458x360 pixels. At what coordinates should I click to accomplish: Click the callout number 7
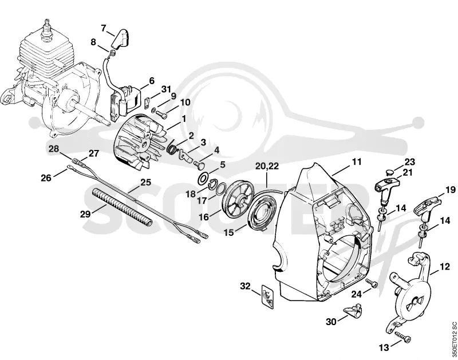click(104, 28)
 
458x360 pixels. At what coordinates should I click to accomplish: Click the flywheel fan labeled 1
click(140, 142)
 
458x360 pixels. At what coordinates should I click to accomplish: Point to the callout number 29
click(85, 214)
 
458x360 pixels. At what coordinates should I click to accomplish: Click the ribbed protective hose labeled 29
click(122, 207)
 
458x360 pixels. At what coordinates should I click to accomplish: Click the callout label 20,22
click(267, 166)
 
